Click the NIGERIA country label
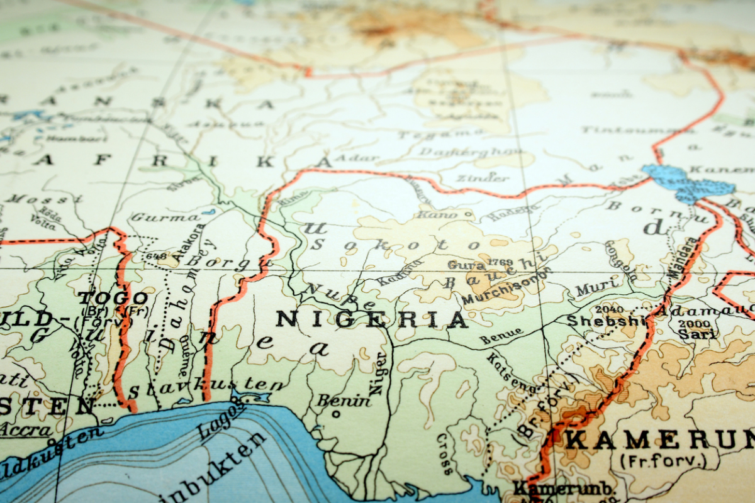(371, 319)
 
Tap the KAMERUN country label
(657, 439)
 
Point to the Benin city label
(344, 400)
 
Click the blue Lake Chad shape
(689, 182)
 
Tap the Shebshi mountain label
(607, 321)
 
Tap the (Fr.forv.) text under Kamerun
(663, 461)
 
